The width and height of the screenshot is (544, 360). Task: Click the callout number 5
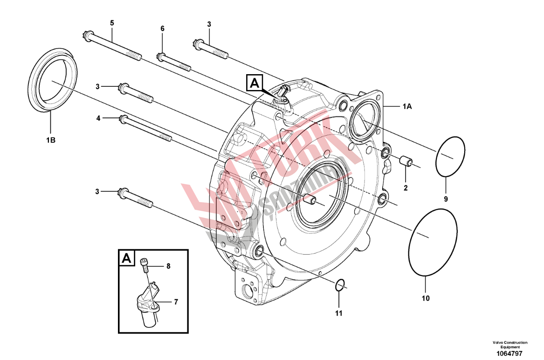tap(112, 23)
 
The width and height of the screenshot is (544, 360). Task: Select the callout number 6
tap(162, 29)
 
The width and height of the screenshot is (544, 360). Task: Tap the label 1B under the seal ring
tap(51, 140)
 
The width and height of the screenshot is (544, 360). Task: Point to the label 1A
tap(407, 107)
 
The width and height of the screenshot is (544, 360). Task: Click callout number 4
tap(98, 119)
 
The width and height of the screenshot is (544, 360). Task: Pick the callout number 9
tap(446, 199)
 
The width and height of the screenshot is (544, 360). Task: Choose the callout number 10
tap(426, 298)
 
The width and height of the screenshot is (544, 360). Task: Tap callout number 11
tap(338, 313)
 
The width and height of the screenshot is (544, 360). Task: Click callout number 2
tap(405, 188)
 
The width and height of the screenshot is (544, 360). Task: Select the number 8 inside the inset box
tap(168, 266)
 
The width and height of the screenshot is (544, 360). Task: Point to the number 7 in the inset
tap(176, 302)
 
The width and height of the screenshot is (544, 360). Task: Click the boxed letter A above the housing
tap(255, 83)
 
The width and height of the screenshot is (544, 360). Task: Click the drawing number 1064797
tap(510, 354)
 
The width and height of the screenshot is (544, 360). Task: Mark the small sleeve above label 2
tap(406, 162)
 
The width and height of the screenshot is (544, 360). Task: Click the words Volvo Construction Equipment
tap(510, 344)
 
